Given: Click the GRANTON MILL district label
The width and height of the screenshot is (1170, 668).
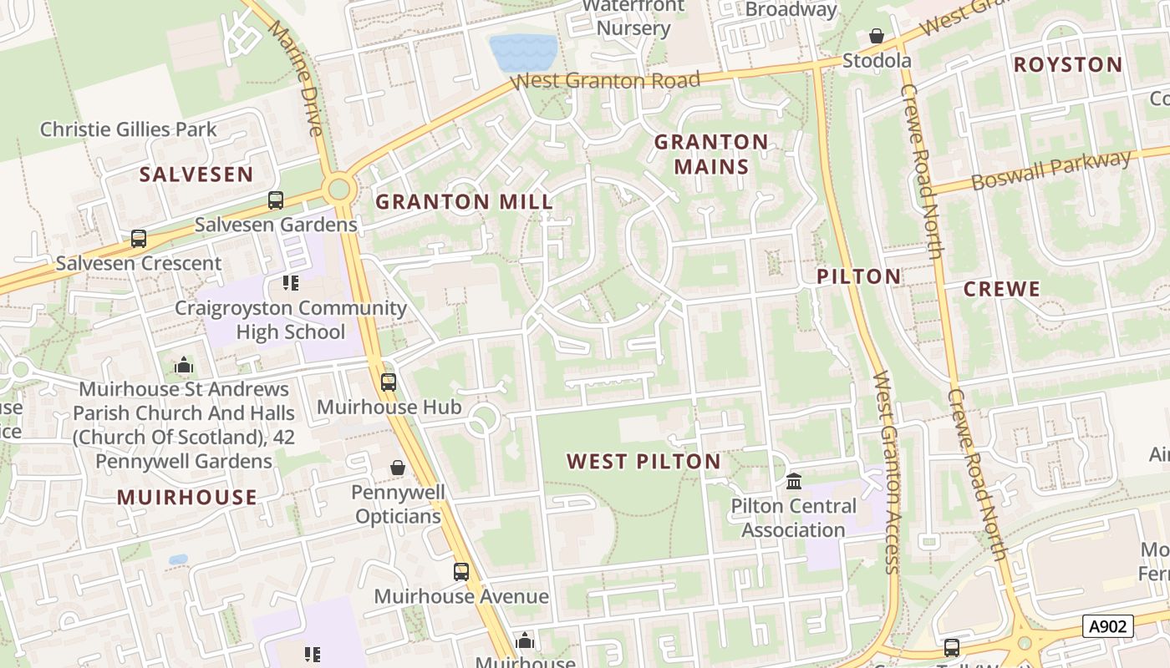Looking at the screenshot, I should pos(464,201).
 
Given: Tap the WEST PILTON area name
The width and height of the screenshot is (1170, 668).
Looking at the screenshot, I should pos(643,461).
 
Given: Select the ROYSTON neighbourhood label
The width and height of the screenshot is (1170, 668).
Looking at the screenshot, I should pos(1067,64).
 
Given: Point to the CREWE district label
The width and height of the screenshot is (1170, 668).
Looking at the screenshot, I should pos(1001,289).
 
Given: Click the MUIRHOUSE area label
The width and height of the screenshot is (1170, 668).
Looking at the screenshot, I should pos(187,497).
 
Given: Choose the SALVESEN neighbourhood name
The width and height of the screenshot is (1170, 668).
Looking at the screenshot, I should pos(196,174).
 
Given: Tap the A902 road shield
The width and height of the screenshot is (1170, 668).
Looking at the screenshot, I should pos(1108,626).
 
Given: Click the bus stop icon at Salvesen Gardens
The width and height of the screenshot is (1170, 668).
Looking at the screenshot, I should pos(276,200).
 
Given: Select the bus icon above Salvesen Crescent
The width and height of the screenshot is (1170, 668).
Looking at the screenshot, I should pos(139,239).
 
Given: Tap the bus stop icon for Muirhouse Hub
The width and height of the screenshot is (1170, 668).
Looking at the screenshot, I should pos(389,382).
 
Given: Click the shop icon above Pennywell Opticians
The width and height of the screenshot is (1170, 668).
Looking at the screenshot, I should pos(398,468).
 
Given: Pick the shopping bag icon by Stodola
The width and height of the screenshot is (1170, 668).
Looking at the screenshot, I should pos(876,36).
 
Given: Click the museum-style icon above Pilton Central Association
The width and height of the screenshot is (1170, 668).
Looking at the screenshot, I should pos(794,481).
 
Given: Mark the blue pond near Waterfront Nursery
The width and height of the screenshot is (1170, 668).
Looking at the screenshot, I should pos(523,52).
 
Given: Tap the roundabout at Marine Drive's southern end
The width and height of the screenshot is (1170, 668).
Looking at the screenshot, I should pos(339,189).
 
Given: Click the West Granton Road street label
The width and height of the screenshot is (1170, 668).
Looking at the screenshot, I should pos(606,81).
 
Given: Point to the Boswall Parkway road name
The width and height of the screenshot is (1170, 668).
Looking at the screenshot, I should pos(1050,170).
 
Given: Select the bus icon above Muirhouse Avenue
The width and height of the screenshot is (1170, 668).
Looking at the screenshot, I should pos(461,572).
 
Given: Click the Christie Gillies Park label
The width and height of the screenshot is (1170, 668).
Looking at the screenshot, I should pos(128,129).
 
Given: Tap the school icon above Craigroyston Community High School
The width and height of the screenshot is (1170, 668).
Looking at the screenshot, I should pos(291,283).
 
